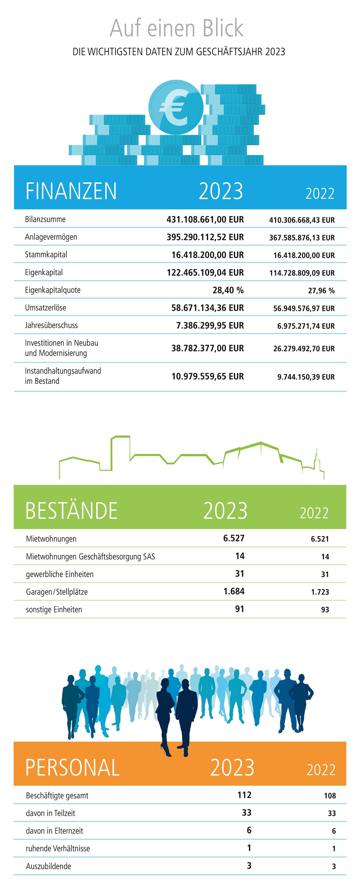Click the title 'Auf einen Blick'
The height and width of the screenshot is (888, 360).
click(x=177, y=28)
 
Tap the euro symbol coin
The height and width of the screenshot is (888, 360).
click(x=176, y=107)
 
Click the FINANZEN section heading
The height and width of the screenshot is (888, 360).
click(x=71, y=191)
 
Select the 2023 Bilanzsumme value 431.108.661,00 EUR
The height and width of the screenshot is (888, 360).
click(x=205, y=220)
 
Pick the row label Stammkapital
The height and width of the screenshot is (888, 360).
click(x=46, y=255)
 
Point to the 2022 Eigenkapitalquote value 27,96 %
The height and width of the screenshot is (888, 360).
click(x=321, y=291)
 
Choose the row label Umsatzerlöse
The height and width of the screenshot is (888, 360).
click(x=46, y=308)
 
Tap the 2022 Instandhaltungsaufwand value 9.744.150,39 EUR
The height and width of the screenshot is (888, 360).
click(x=306, y=377)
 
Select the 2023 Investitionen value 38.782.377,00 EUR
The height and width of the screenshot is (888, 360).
click(x=208, y=348)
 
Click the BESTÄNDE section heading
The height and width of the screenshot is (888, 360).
click(x=71, y=511)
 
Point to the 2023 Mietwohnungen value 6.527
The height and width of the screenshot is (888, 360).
click(x=234, y=538)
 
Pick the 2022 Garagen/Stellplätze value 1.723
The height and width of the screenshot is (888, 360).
click(x=320, y=592)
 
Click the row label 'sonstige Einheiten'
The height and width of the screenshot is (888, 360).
click(x=54, y=609)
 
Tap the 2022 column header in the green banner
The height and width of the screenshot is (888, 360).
click(x=314, y=513)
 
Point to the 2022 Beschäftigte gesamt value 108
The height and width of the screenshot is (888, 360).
click(x=330, y=796)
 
